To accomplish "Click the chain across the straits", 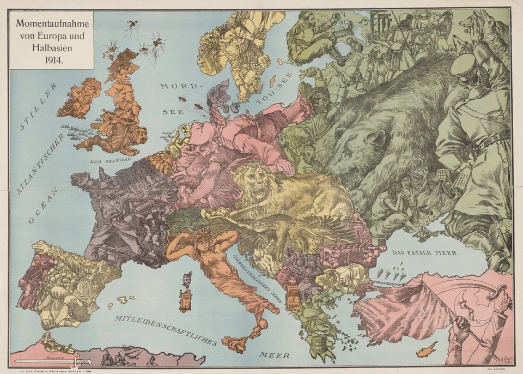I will tap(388, 283).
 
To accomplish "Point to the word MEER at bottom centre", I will tap(274, 355).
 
